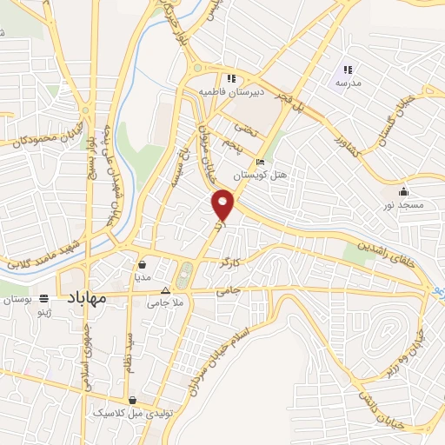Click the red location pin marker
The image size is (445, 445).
(x=224, y=204)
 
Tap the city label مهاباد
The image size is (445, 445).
(x=84, y=297)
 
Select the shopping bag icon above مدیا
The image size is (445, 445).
(x=142, y=263)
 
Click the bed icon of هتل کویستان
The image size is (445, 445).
(x=259, y=163)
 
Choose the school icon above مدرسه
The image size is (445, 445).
(x=347, y=70)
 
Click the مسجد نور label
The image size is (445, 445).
(x=402, y=205)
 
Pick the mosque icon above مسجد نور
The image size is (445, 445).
(x=402, y=192)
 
